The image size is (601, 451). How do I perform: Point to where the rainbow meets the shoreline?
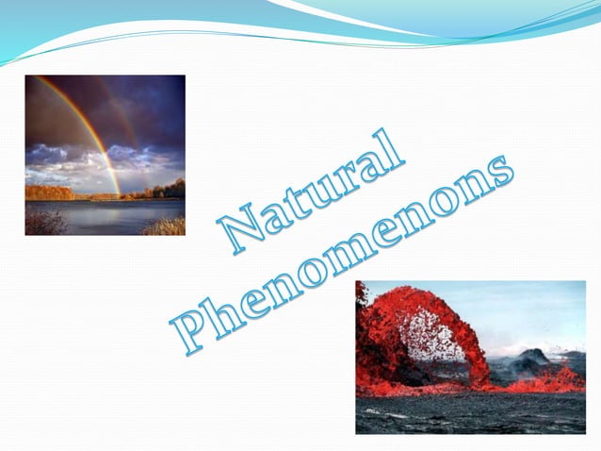click(x=119, y=194)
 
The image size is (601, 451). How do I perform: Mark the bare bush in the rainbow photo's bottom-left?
click(x=42, y=223)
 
